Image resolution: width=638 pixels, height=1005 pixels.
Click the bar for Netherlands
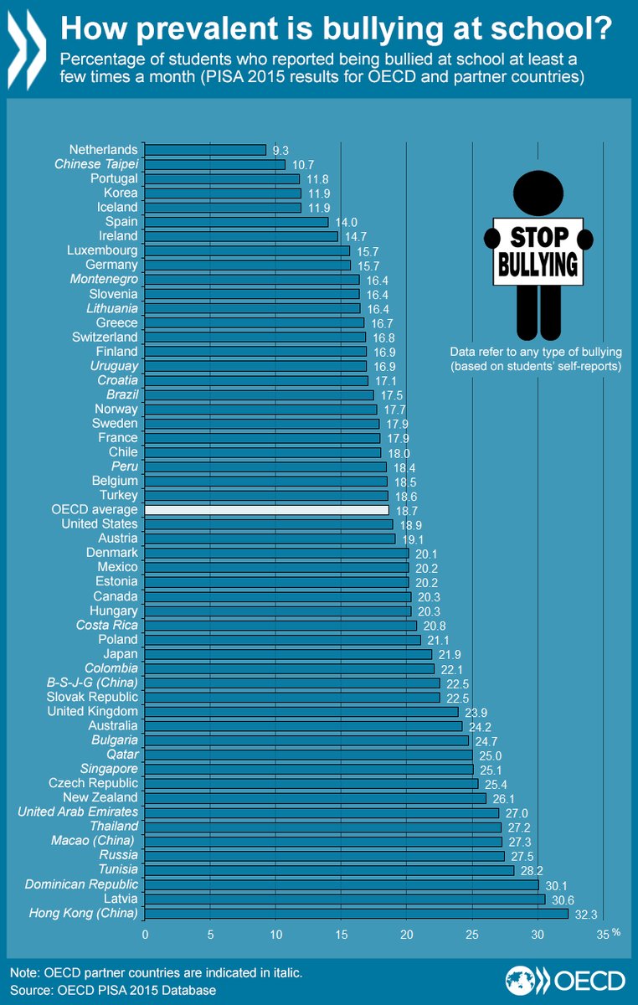[205, 150]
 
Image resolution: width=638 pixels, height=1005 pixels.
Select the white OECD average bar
[267, 509]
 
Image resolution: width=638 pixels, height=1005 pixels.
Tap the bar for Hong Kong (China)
[357, 913]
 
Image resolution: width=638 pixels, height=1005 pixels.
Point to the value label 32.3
[584, 914]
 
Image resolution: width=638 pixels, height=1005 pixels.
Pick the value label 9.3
[281, 150]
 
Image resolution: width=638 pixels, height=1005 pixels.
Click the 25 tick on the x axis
[471, 933]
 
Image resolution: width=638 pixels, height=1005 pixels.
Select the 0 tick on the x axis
[145, 933]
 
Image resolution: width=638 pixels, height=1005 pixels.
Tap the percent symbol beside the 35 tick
[616, 931]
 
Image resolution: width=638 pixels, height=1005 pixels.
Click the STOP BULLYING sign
[538, 251]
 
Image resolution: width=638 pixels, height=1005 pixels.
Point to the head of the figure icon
[538, 193]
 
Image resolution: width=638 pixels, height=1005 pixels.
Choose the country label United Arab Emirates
[79, 812]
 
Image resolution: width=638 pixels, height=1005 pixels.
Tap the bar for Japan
[288, 654]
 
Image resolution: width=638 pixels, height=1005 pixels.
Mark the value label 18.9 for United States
[410, 524]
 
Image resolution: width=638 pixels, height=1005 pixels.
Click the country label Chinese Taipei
[96, 164]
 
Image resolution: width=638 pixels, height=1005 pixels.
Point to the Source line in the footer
[113, 991]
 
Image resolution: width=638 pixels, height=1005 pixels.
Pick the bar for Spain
[236, 222]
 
